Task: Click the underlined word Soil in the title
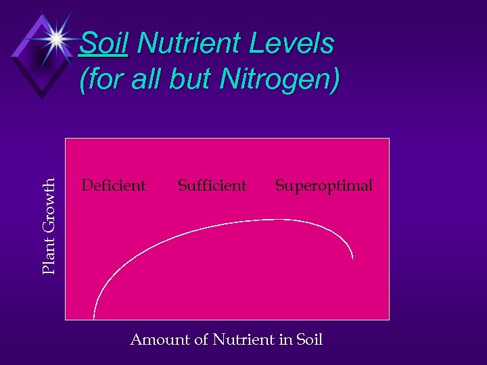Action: (x=103, y=45)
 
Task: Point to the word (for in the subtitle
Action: (x=99, y=80)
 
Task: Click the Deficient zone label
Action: (x=113, y=185)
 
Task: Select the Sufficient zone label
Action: (x=212, y=185)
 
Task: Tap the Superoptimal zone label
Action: (x=323, y=185)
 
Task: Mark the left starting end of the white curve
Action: (x=94, y=316)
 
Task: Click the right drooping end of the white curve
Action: (x=352, y=257)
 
